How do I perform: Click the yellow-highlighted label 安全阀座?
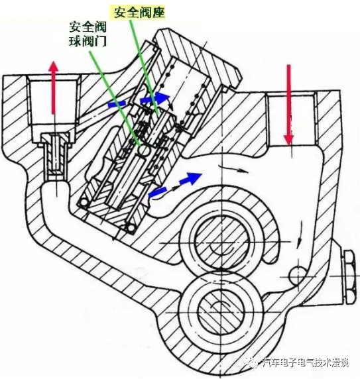137,11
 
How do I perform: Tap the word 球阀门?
88,42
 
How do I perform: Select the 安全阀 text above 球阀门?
88,27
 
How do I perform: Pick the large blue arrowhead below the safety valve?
192,178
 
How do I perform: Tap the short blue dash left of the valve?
116,104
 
